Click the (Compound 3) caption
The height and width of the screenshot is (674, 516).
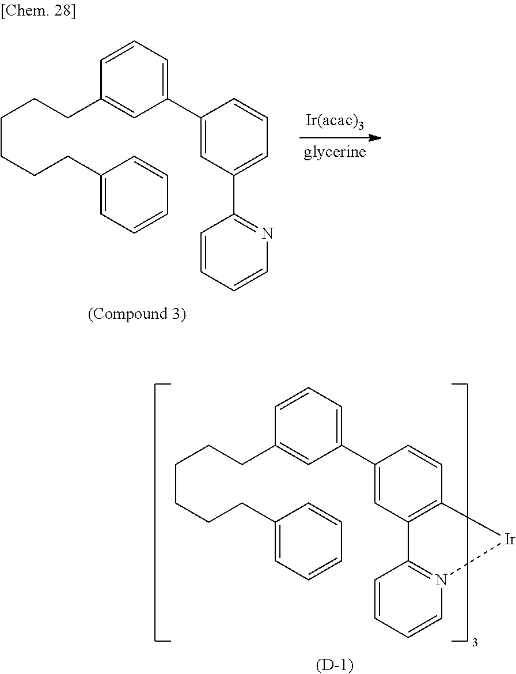(x=136, y=315)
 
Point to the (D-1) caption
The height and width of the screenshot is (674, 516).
(x=335, y=665)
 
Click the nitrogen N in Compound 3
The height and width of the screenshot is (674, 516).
(x=267, y=234)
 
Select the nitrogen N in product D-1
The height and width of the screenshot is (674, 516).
(x=441, y=580)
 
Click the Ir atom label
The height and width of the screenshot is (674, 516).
(x=509, y=540)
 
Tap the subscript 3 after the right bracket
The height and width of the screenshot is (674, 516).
(x=475, y=643)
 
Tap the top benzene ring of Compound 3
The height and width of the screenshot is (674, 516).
(x=134, y=79)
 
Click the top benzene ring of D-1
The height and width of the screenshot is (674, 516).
(x=309, y=426)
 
